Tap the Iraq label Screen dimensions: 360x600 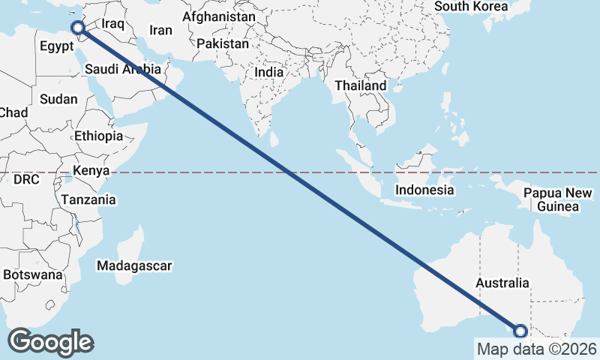(112, 24)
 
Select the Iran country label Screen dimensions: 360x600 (160, 31)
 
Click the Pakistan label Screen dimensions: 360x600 (223, 44)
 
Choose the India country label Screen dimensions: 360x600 (269, 72)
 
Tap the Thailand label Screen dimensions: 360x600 (360, 85)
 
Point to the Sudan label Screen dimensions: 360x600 (58, 99)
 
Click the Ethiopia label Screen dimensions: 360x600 (98, 136)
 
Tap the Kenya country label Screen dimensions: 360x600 (91, 171)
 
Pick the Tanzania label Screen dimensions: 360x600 (89, 199)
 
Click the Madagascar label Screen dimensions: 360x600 (134, 265)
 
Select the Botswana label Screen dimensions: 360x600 (31, 275)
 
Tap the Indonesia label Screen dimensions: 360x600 (425, 190)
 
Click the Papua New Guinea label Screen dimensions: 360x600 (553, 199)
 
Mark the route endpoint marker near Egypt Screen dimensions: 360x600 (77, 28)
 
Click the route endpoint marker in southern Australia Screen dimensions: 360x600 (520, 331)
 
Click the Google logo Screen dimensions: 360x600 (50, 341)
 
